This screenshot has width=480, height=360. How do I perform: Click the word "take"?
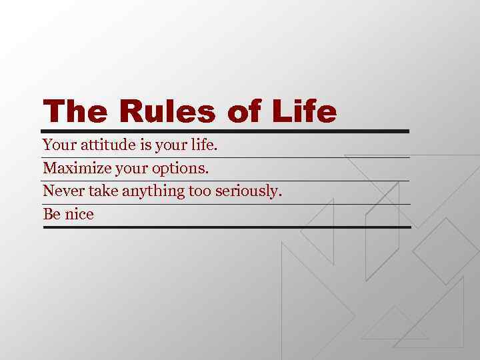coord(101,191)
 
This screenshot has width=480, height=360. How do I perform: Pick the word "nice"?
coord(79,214)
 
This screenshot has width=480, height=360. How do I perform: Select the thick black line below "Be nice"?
coord(227,227)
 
